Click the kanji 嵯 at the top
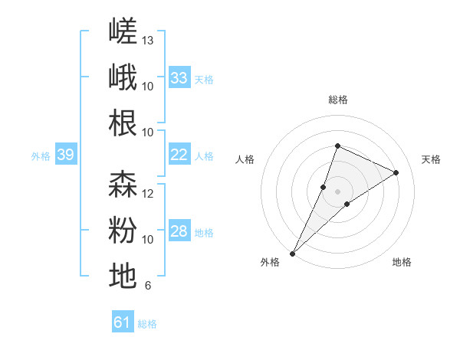tap(123, 31)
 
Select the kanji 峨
tap(123, 77)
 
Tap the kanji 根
tap(123, 123)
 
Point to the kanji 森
tap(123, 184)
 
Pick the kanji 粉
tap(123, 230)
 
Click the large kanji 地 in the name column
tap(123, 276)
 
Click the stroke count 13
tap(147, 41)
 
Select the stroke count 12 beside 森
tap(147, 194)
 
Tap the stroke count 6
tap(148, 285)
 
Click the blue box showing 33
tap(179, 77)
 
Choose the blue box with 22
tap(179, 154)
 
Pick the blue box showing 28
tap(179, 230)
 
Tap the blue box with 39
tap(66, 154)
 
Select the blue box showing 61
tap(123, 321)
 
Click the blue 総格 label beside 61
tap(147, 324)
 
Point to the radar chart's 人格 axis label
tap(245, 159)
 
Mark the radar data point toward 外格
tap(293, 254)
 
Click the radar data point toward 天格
tap(396, 172)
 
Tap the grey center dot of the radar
tap(337, 191)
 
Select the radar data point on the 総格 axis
tap(337, 146)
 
